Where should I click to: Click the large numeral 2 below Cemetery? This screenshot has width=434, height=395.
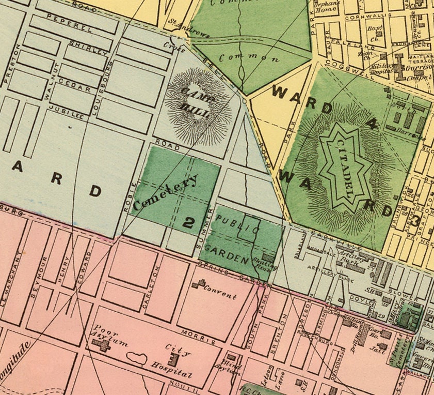[189, 222]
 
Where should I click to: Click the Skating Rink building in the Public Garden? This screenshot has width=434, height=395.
[268, 257]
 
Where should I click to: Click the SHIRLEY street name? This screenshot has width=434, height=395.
[90, 48]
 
